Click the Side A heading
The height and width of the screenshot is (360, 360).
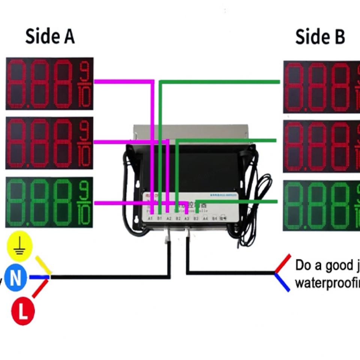pyautogui.click(x=49, y=37)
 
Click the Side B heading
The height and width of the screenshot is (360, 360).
pyautogui.click(x=320, y=37)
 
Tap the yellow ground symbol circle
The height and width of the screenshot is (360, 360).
pyautogui.click(x=19, y=246)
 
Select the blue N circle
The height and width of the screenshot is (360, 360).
pyautogui.click(x=15, y=278)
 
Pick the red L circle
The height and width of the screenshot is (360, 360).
pyautogui.click(x=23, y=311)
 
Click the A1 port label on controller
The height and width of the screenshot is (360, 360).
pyautogui.click(x=150, y=218)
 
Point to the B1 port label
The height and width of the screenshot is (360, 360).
pyautogui.click(x=159, y=218)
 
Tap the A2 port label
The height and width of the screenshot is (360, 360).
pyautogui.click(x=169, y=218)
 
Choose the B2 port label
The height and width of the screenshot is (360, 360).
pyautogui.click(x=178, y=218)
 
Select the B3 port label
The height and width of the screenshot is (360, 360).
pyautogui.click(x=196, y=218)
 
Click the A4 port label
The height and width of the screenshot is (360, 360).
pyautogui.click(x=205, y=218)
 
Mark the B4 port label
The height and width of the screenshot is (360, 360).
pyautogui.click(x=214, y=218)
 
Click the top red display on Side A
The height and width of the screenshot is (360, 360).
pyautogui.click(x=49, y=84)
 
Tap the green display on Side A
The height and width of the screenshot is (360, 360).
pyautogui.click(x=49, y=202)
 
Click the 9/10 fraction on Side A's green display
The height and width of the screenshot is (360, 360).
pyautogui.click(x=85, y=202)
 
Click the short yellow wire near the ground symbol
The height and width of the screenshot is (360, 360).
pyautogui.click(x=43, y=265)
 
